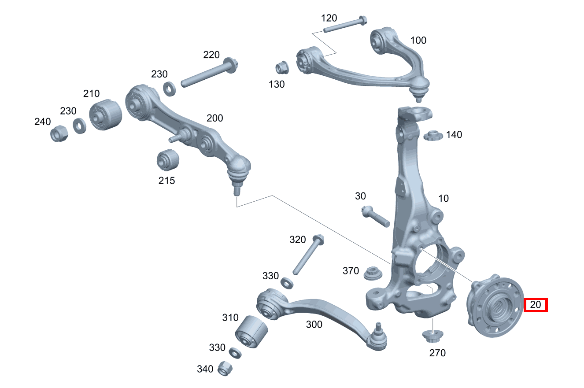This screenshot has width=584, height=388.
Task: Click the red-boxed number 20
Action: [x=536, y=305]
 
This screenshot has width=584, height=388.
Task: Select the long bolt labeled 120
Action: [x=345, y=24]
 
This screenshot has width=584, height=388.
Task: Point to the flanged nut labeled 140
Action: [x=433, y=136]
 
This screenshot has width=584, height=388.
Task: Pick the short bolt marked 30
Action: [x=376, y=216]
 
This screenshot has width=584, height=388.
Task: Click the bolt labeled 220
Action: [x=209, y=73]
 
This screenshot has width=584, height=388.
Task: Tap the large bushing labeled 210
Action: [x=105, y=115]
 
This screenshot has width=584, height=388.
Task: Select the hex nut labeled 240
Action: [x=59, y=133]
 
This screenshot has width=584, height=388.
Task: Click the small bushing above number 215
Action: [x=168, y=160]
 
